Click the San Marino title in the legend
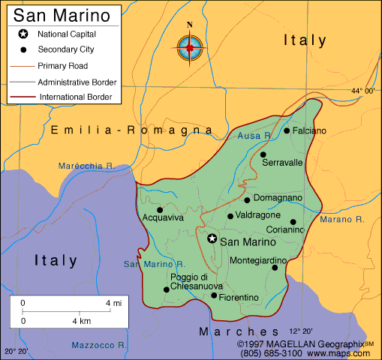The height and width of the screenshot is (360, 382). point(56,15)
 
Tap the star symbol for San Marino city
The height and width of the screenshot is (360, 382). point(212,238)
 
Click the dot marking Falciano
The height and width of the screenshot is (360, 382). point(287,130)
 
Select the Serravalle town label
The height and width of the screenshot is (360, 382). point(283,162)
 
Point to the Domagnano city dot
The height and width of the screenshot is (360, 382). point(247,199)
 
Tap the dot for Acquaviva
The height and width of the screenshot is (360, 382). point(159,210)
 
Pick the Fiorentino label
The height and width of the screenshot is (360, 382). point(240,298)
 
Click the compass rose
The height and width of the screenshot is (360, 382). point(189,47)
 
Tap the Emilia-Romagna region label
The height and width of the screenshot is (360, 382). point(132,130)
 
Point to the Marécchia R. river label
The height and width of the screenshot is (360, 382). point(85,166)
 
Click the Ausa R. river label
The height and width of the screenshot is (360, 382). point(254,136)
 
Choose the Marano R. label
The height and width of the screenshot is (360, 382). point(341,220)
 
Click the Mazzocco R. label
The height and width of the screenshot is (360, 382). point(98,345)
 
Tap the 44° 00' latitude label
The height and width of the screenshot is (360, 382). point(362,91)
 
